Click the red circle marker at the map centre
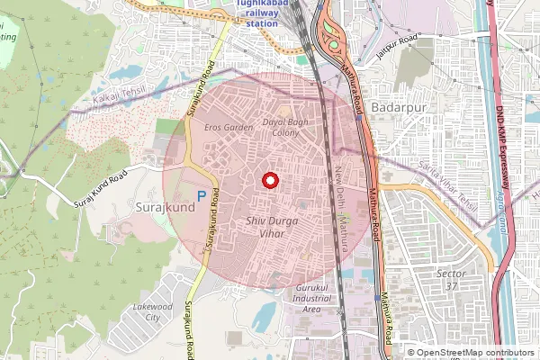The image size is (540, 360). pos(268,181)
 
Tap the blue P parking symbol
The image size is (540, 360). pos(202,195)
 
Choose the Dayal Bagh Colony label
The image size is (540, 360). pos(280,127)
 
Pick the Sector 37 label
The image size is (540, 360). pos(450,278)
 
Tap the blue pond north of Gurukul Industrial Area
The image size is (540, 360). pos(265,316)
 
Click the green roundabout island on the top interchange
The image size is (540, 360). pos(334,45)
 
